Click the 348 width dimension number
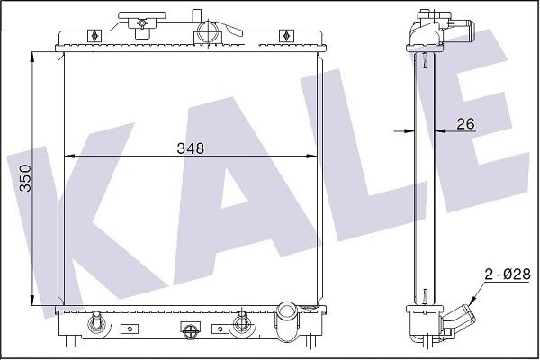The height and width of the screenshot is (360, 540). [191, 148]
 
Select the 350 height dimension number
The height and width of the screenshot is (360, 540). [25, 178]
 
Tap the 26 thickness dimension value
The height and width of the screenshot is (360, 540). [465, 123]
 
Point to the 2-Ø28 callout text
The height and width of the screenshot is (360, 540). [508, 274]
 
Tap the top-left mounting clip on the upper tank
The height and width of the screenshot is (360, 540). [94, 36]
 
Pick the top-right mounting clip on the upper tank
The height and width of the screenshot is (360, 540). [285, 36]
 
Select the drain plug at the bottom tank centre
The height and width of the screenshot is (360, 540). [190, 329]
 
